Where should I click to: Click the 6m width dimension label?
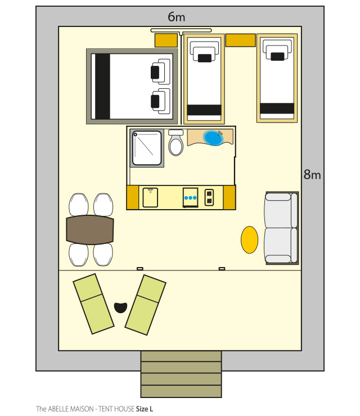click(176, 17)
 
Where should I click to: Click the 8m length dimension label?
click(312, 175)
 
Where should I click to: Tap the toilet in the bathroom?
click(175, 142)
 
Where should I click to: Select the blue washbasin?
click(213, 138)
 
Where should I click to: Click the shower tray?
click(147, 148)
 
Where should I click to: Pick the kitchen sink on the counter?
click(150, 197)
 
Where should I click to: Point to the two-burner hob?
click(209, 197)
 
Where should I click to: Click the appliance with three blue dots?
click(190, 197)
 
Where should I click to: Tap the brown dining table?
click(90, 230)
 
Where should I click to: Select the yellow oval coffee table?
click(249, 240)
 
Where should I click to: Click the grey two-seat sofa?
click(281, 228)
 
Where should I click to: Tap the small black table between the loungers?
click(120, 308)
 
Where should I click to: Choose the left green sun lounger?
click(93, 304)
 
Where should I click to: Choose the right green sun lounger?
click(146, 305)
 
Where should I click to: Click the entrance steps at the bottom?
click(181, 374)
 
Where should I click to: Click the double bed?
click(132, 86)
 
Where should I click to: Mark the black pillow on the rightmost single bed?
click(277, 57)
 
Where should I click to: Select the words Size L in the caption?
click(145, 409)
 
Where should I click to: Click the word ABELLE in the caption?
click(57, 409)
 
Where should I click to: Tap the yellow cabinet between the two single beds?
click(241, 40)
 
